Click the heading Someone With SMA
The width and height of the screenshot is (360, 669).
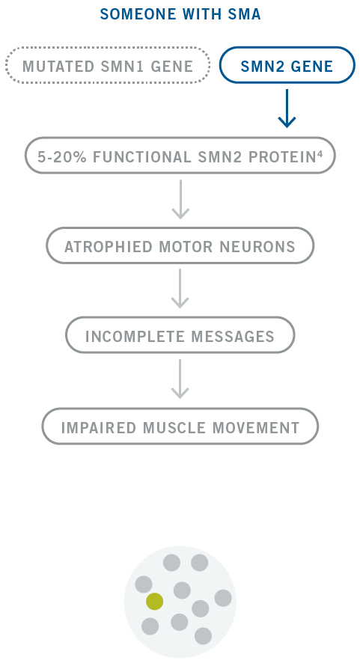click(x=180, y=14)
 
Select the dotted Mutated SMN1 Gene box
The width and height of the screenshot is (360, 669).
click(x=108, y=65)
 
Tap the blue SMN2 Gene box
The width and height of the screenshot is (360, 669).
click(x=287, y=65)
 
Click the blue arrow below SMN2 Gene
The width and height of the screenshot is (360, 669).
click(x=287, y=109)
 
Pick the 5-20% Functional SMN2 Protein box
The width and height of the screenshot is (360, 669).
click(x=180, y=156)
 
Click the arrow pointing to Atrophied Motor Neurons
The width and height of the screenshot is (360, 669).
click(x=180, y=199)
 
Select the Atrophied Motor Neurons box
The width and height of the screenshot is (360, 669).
click(x=180, y=245)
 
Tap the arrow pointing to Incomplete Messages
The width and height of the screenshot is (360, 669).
click(x=180, y=288)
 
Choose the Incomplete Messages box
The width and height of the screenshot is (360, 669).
click(x=180, y=335)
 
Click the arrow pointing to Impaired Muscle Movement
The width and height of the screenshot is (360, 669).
click(x=180, y=379)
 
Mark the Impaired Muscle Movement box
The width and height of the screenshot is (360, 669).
click(x=180, y=427)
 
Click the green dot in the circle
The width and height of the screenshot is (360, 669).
click(x=154, y=602)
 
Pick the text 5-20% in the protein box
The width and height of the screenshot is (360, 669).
click(x=62, y=157)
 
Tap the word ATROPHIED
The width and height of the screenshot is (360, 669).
click(x=109, y=247)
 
